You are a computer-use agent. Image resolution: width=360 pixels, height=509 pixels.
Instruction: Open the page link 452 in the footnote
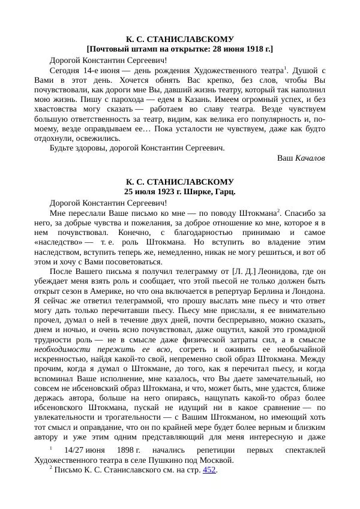(209, 471)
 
